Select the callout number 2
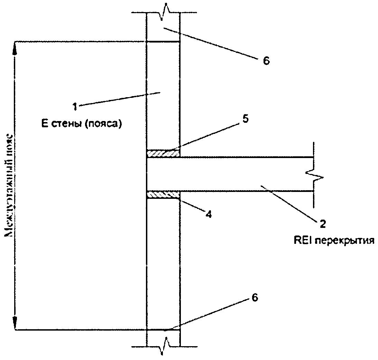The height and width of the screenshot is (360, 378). pyautogui.click(x=322, y=224)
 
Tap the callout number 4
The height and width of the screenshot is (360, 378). pyautogui.click(x=208, y=214)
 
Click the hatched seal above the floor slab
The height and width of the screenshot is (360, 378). pyautogui.click(x=163, y=153)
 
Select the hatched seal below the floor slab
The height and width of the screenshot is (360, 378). pyautogui.click(x=163, y=195)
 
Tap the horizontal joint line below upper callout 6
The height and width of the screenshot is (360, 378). pyautogui.click(x=163, y=42)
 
